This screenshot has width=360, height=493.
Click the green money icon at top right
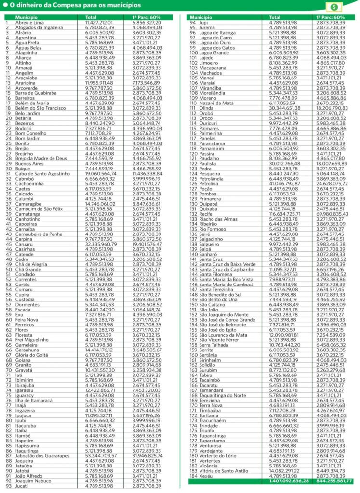(x=333, y=7)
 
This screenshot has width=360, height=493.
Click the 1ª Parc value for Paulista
(x=332, y=164)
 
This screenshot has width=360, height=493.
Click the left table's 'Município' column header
(x=26, y=17)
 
